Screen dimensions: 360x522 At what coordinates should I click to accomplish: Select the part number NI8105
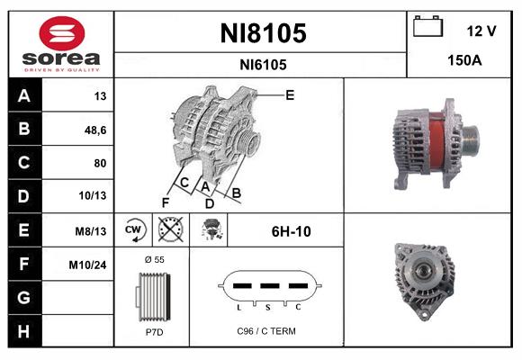click(263, 33)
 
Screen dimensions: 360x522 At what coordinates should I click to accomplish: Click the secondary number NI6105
click(263, 65)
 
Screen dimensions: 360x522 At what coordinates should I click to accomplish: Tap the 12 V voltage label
click(481, 31)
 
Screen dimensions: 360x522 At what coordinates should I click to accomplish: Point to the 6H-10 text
click(291, 231)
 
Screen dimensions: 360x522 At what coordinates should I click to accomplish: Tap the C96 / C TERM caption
click(265, 331)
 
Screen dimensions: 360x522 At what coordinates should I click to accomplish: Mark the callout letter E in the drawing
click(289, 94)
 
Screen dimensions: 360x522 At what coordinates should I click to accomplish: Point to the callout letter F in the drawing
click(165, 201)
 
